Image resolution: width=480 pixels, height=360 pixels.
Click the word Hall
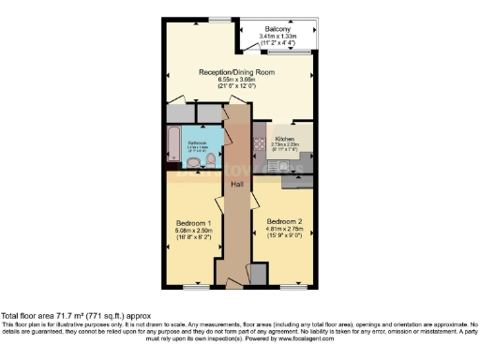[239, 184]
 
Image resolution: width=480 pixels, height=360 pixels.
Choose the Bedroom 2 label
[284, 221]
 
